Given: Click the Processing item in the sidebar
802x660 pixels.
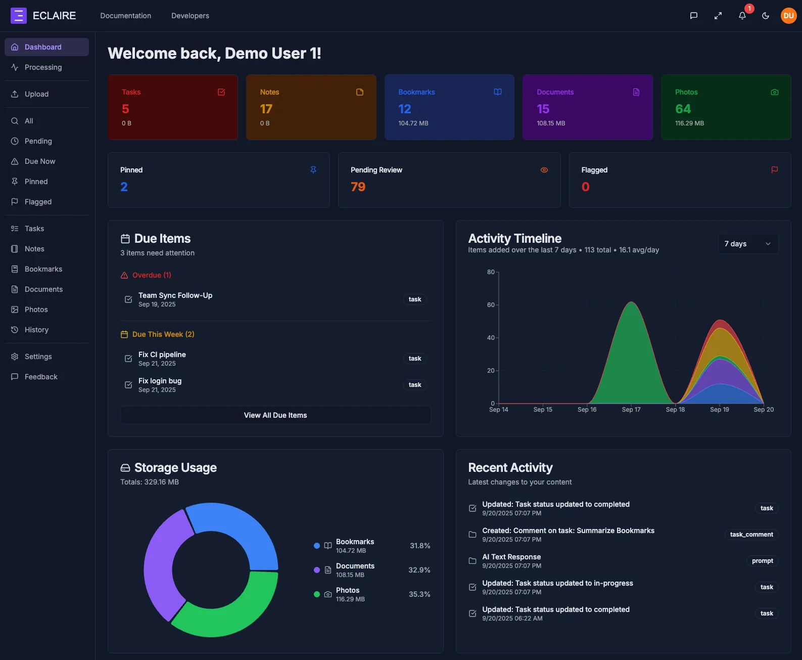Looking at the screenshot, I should pos(43,67).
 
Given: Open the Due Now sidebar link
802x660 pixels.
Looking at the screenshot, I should pos(40,161).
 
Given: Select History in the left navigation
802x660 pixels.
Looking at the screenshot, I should pos(36,330).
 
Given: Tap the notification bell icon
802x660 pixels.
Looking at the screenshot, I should pos(742,16).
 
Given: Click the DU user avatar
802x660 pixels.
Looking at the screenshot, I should pos(788,16).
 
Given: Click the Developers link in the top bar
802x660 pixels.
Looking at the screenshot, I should pos(190,16).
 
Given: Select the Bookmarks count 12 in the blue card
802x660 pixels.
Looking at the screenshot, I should pos(404,109).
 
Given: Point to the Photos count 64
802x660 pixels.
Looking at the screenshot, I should pos(683,109).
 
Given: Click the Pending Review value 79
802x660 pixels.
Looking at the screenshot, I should pos(358,187).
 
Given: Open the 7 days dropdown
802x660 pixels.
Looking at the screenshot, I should pos(747,244).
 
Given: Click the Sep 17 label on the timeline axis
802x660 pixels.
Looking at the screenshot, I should pos(631,410).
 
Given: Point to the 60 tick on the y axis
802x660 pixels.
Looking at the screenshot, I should pos(490,305).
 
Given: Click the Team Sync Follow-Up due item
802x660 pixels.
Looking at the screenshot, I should pos(175,295).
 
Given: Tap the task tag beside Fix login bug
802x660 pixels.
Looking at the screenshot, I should pos(414,385).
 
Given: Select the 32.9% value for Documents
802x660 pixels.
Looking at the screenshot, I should pos(419,570).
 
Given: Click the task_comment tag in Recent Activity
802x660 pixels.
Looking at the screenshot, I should pos(751,535).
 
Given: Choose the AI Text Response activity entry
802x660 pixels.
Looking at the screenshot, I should pos(511,557).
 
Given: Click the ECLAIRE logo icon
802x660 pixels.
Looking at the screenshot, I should pos(19,16).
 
